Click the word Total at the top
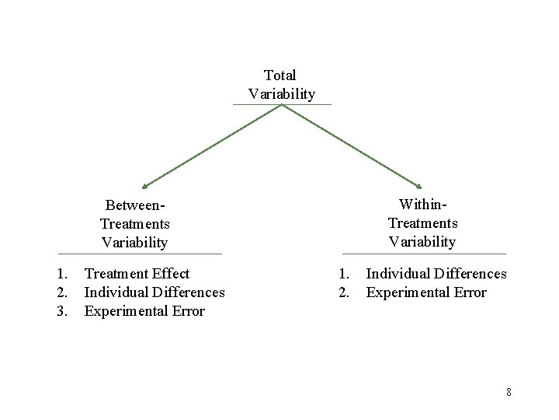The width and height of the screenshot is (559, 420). point(279,75)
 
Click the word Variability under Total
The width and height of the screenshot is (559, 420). point(282,94)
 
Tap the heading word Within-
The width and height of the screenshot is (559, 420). point(422,204)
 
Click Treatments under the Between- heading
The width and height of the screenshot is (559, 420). point(134,224)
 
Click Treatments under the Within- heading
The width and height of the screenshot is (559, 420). point(422,222)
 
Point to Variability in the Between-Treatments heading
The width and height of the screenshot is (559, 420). point(134,243)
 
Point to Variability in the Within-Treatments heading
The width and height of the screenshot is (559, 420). point(422,241)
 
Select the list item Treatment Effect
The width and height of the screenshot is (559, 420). point(137,274)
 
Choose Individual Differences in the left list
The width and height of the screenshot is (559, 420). point(155,292)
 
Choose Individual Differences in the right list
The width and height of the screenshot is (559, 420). point(436,274)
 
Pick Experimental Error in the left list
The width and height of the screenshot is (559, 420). point(144,311)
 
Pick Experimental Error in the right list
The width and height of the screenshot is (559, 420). point(426,292)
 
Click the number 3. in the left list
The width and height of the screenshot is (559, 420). point(63,311)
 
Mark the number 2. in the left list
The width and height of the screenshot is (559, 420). point(63,292)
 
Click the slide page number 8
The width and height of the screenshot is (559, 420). point(509,392)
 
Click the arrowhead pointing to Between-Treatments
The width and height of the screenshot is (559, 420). point(144,187)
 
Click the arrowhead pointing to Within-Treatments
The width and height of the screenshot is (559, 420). point(418,187)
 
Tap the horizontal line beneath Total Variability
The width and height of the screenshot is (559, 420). point(282,104)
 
